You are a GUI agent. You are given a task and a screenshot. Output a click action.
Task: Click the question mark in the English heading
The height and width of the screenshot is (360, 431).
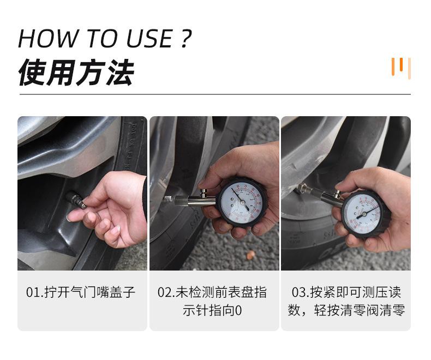tap(185, 39)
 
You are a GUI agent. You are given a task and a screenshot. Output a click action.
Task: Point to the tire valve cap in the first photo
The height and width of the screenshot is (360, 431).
tap(75, 200)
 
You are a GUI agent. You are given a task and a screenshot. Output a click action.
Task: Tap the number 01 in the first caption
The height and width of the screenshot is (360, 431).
tap(32, 292)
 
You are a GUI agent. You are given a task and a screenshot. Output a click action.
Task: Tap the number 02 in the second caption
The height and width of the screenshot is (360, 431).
tap(164, 292)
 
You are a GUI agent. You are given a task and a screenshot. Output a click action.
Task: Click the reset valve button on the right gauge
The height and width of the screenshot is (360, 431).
tap(337, 193)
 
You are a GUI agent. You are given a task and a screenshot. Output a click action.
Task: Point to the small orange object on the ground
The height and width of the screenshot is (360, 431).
tap(250, 255)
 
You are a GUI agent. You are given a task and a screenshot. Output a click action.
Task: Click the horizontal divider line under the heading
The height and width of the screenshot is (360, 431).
tap(215, 94)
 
